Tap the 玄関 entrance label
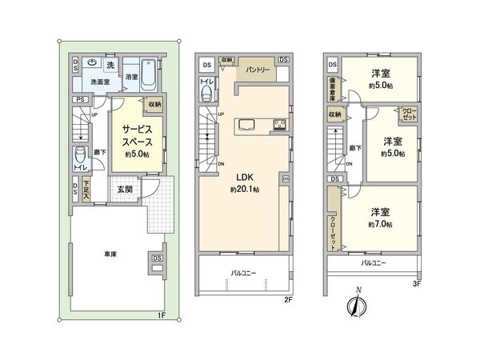125,189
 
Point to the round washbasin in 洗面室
94,63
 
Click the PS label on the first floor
78,99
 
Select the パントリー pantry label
257,70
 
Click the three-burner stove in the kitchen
280,124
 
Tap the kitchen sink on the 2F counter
246,124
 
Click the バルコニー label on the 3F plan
373,262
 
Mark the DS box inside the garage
156,258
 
